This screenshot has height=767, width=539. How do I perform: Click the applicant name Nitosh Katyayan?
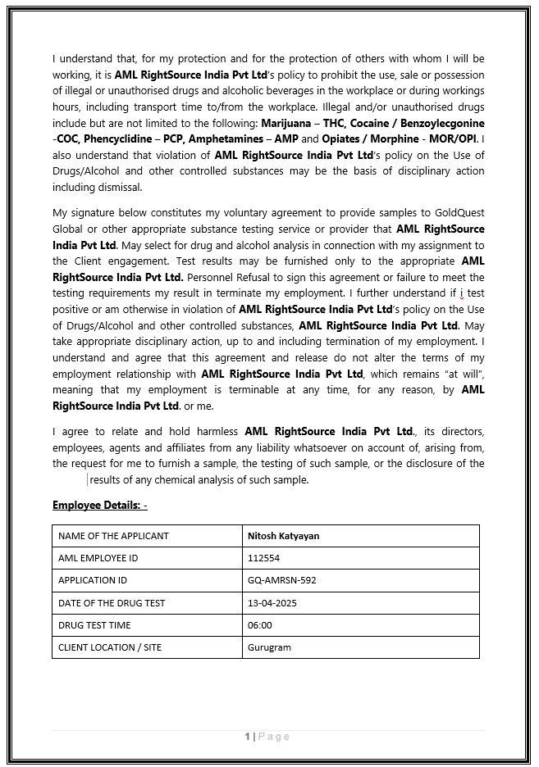pos(283,536)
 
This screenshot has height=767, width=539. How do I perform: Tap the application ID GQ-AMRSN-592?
pos(281,580)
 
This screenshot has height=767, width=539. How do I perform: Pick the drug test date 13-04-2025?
pos(272,603)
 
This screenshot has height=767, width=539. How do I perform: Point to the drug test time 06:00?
pos(259,625)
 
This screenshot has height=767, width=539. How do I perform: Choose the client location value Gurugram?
pos(269,647)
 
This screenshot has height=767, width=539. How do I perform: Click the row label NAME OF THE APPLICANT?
pos(113,536)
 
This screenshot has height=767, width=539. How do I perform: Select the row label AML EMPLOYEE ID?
pos(98,558)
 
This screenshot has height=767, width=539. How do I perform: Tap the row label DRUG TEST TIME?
pos(94,625)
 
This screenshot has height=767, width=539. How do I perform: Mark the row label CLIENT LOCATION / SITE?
pos(110,647)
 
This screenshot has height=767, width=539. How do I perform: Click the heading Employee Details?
pos(99,505)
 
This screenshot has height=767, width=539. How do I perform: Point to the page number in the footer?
pos(247,737)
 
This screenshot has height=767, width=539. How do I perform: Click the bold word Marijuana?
pos(285,123)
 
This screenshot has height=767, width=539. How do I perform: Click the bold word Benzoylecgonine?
pos(439,123)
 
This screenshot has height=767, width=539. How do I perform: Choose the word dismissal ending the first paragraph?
pos(121,187)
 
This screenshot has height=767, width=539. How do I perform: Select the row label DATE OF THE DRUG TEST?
pos(112,603)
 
